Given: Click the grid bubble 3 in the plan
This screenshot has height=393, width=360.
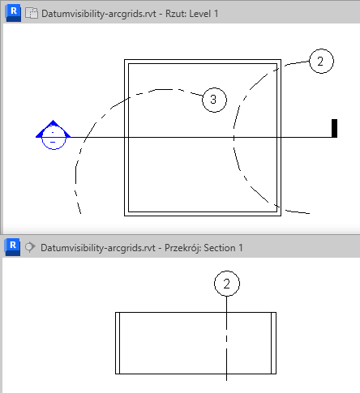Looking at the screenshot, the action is pos(214,100).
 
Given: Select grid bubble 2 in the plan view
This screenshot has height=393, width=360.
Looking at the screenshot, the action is pos(321,61).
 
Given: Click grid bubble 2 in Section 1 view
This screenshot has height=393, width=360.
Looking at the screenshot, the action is pos(227,284).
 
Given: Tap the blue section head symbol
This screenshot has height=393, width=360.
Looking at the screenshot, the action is pos(54,135).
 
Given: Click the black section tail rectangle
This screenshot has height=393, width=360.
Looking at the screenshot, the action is pos(334,128).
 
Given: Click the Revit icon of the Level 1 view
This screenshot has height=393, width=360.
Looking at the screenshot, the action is pos(13,13).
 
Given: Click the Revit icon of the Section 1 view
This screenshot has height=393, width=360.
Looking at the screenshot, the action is pos(12,247).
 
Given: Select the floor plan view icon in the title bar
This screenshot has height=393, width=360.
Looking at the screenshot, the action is pos(32,13).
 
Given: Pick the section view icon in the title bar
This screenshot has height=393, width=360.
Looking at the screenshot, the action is pos(30,247).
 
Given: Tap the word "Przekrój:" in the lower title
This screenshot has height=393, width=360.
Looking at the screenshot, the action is pos(182,248).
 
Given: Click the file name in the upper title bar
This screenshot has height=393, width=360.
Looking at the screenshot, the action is pos(99,14).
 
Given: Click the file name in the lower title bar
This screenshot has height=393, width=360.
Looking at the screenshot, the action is pos(98,248).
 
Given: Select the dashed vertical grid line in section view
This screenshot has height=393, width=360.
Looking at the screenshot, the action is pos(226,339).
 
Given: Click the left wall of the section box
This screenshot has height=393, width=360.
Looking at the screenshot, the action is pos(118,343).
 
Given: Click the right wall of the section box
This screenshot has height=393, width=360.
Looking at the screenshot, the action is pos(273,343).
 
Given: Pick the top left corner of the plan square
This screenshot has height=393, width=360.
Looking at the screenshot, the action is pos(124,60).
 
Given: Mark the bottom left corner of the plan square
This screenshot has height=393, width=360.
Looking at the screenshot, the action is pos(124,216).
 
